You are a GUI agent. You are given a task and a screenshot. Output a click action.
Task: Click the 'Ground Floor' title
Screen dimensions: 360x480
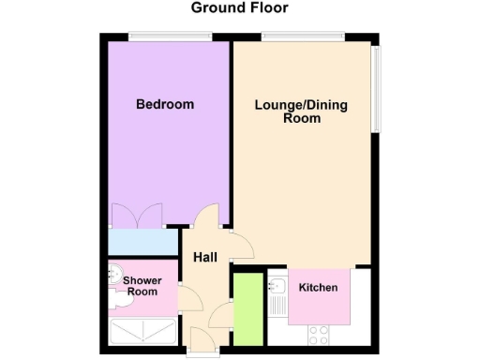[x=240, y=8]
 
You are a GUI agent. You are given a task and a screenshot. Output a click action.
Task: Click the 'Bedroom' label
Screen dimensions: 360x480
[x=165, y=104]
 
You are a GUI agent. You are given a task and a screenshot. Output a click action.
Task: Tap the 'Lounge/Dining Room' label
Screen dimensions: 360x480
[x=301, y=112]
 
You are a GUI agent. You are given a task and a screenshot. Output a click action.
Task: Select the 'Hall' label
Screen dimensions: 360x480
[x=205, y=256]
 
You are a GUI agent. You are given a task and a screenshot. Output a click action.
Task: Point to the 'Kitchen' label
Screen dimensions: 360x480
[x=318, y=287]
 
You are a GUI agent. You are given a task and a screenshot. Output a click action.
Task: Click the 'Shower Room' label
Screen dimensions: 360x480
[x=142, y=286]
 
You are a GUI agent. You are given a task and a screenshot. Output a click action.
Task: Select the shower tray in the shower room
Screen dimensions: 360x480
[x=142, y=331]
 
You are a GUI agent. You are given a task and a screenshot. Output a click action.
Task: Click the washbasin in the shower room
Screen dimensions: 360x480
[x=115, y=275]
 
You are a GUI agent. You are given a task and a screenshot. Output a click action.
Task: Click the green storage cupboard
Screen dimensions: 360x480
[x=247, y=307]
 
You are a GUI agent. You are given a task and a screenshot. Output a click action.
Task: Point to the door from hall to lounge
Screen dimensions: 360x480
[x=242, y=247]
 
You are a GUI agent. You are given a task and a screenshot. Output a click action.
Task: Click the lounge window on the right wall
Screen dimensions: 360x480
[x=376, y=88]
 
